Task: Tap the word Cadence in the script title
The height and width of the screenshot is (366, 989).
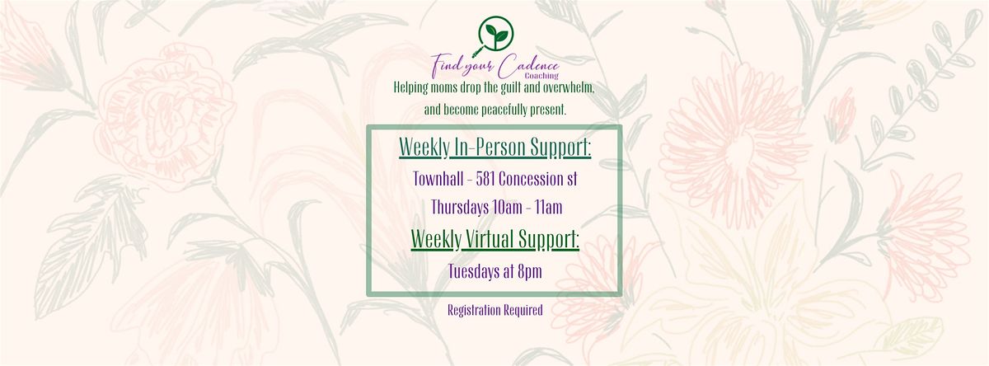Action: click(528, 67)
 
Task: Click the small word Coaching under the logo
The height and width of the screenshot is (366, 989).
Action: click(541, 76)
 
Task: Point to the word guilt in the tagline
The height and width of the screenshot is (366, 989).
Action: click(511, 87)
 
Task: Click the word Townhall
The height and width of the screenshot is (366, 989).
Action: click(438, 179)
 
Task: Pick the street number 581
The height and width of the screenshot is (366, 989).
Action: click(485, 179)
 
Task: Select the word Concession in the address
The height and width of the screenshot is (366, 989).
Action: click(530, 179)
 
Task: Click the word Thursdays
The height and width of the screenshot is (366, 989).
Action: click(460, 207)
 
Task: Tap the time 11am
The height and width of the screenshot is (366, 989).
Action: click(549, 207)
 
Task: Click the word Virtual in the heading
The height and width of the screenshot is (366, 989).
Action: click(490, 239)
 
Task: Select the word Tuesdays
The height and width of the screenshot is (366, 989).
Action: click(474, 271)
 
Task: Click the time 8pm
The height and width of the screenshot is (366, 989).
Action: click(530, 272)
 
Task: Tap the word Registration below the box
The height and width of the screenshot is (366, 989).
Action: click(469, 311)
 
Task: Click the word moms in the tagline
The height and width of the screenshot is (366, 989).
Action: click(443, 87)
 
